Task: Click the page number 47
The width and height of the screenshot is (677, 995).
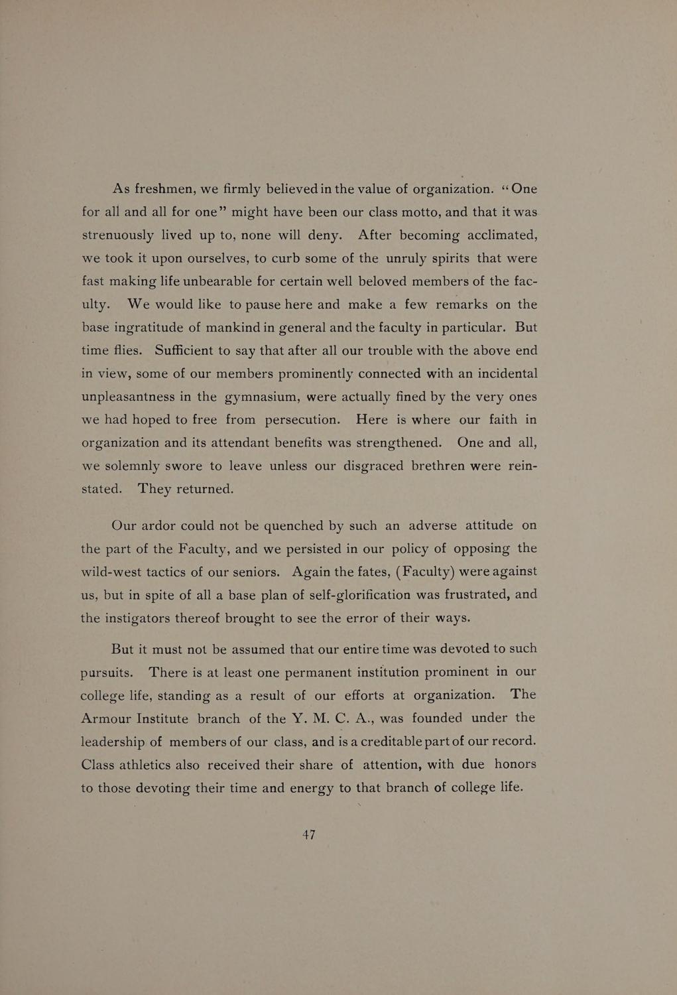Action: [x=309, y=835]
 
